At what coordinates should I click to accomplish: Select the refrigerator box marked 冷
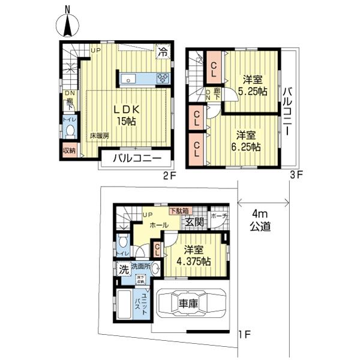click(x=163, y=52)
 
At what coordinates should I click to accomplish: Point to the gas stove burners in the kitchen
click(x=163, y=78)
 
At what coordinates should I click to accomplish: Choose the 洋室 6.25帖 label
click(x=247, y=140)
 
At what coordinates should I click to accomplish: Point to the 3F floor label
click(x=298, y=176)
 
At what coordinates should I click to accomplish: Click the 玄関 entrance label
click(x=194, y=223)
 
